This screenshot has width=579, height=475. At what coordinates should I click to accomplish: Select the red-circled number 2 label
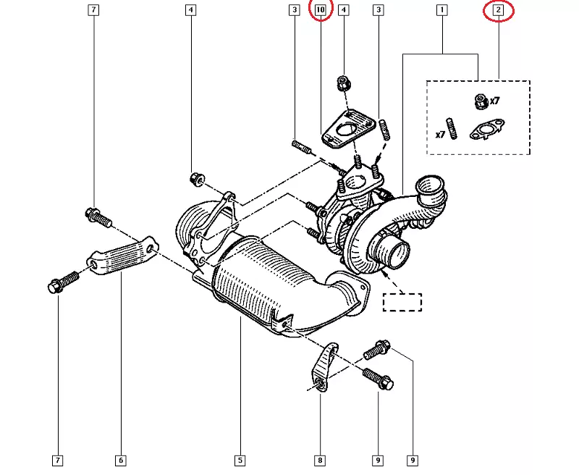[x=498, y=10]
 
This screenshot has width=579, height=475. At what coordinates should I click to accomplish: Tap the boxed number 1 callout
[x=441, y=10]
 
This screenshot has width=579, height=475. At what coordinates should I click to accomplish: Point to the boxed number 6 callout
[x=120, y=460]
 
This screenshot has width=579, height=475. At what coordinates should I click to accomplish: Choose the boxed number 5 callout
[x=239, y=460]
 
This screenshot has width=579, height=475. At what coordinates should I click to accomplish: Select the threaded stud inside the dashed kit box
[x=452, y=128]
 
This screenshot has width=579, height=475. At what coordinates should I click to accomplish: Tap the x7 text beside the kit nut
[x=495, y=101]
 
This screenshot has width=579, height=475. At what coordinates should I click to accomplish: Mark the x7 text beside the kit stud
[x=439, y=135]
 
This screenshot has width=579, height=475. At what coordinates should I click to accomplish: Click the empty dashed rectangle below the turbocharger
[x=402, y=302]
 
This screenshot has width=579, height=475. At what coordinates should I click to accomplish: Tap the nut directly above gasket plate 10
[x=344, y=84]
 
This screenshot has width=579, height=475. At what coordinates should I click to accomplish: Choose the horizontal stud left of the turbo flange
[x=302, y=150]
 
